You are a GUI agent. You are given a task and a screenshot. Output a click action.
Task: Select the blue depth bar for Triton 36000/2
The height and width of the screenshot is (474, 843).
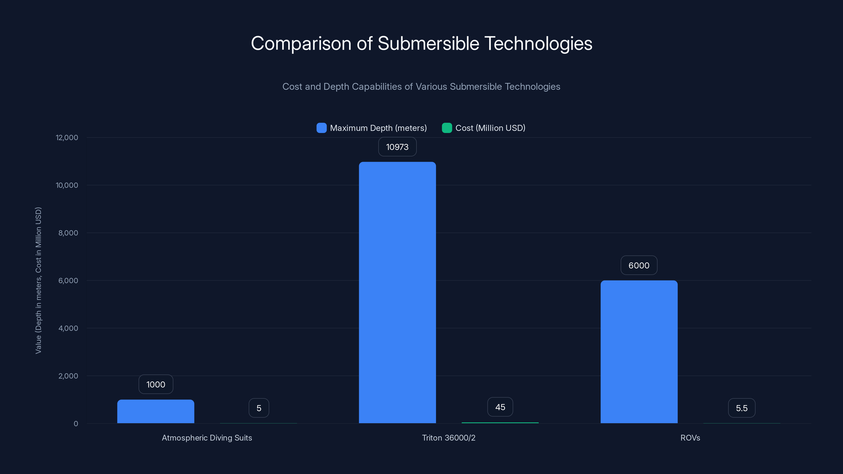pyautogui.click(x=397, y=293)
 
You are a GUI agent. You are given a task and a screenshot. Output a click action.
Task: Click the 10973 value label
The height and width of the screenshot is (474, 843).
pyautogui.click(x=397, y=147)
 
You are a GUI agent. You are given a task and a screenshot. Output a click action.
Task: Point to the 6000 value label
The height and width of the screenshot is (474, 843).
pyautogui.click(x=639, y=265)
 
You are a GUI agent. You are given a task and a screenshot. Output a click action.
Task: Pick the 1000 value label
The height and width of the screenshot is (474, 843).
pyautogui.click(x=156, y=384)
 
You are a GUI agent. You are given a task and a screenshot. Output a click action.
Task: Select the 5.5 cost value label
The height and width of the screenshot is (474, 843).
pyautogui.click(x=742, y=408)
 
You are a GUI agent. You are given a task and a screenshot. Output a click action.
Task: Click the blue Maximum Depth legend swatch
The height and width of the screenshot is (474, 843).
pyautogui.click(x=321, y=128)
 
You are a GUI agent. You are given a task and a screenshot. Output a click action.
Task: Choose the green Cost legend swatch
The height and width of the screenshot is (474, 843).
pyautogui.click(x=447, y=128)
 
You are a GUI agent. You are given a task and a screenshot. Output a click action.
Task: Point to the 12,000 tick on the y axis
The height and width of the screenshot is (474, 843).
pyautogui.click(x=67, y=137)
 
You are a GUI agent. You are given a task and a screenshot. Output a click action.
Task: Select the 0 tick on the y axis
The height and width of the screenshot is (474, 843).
pyautogui.click(x=76, y=424)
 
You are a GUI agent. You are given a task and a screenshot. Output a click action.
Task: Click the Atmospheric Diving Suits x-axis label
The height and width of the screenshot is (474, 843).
pyautogui.click(x=207, y=438)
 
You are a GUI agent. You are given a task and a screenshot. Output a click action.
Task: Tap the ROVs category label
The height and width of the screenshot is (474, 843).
pyautogui.click(x=690, y=438)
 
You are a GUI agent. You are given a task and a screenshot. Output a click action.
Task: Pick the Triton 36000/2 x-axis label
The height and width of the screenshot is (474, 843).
pyautogui.click(x=449, y=438)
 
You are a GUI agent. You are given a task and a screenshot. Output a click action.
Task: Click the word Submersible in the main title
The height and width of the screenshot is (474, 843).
pyautogui.click(x=428, y=43)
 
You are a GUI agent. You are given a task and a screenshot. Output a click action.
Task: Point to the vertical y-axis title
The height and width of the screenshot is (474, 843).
pyautogui.click(x=38, y=280)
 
